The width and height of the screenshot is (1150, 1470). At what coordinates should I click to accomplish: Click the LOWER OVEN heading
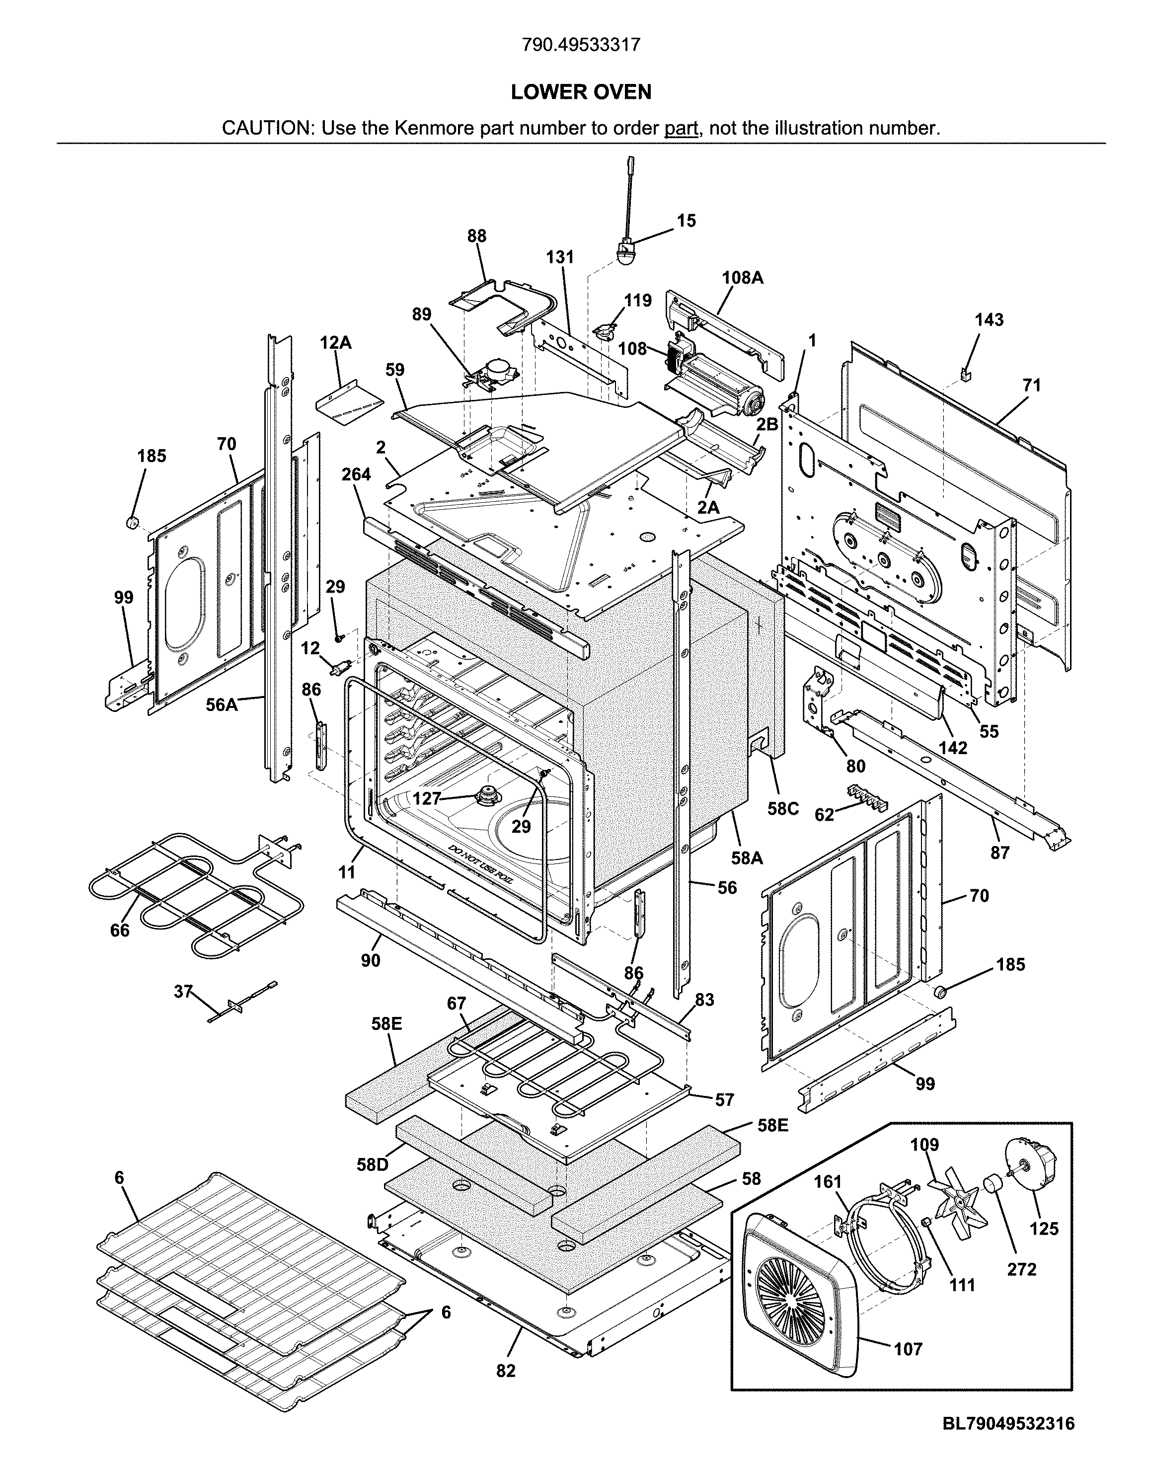[x=581, y=92]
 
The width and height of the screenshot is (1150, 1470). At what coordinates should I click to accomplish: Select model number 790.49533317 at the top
[x=581, y=45]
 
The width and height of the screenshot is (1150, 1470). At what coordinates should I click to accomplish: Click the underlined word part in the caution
[x=681, y=128]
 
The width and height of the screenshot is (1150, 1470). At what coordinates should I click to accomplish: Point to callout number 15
[x=686, y=221]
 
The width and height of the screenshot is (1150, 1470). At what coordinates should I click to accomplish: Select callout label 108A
[x=743, y=277]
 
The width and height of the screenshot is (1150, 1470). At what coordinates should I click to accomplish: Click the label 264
[x=356, y=475]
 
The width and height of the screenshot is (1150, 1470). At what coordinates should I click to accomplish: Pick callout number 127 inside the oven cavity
[x=427, y=799]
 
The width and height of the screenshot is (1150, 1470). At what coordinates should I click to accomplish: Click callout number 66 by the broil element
[x=120, y=930]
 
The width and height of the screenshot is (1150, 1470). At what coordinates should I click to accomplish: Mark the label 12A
[x=335, y=343]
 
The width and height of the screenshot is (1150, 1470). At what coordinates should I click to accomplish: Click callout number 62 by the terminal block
[x=824, y=815]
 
